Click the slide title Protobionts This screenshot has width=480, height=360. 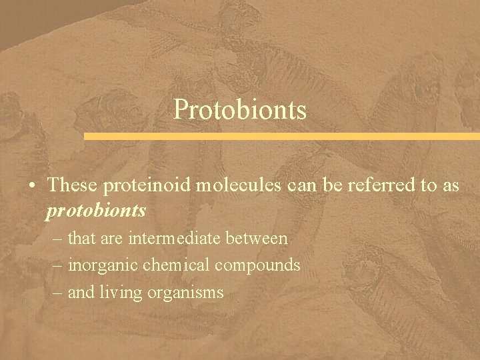click(240, 109)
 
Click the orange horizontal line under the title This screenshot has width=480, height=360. click(281, 136)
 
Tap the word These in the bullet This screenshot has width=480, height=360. click(74, 185)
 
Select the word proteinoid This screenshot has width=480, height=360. click(147, 185)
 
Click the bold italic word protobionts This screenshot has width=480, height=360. click(97, 211)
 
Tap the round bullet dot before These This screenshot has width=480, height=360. click(33, 185)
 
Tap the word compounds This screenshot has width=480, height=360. click(257, 265)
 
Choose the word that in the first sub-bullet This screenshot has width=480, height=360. click(82, 238)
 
